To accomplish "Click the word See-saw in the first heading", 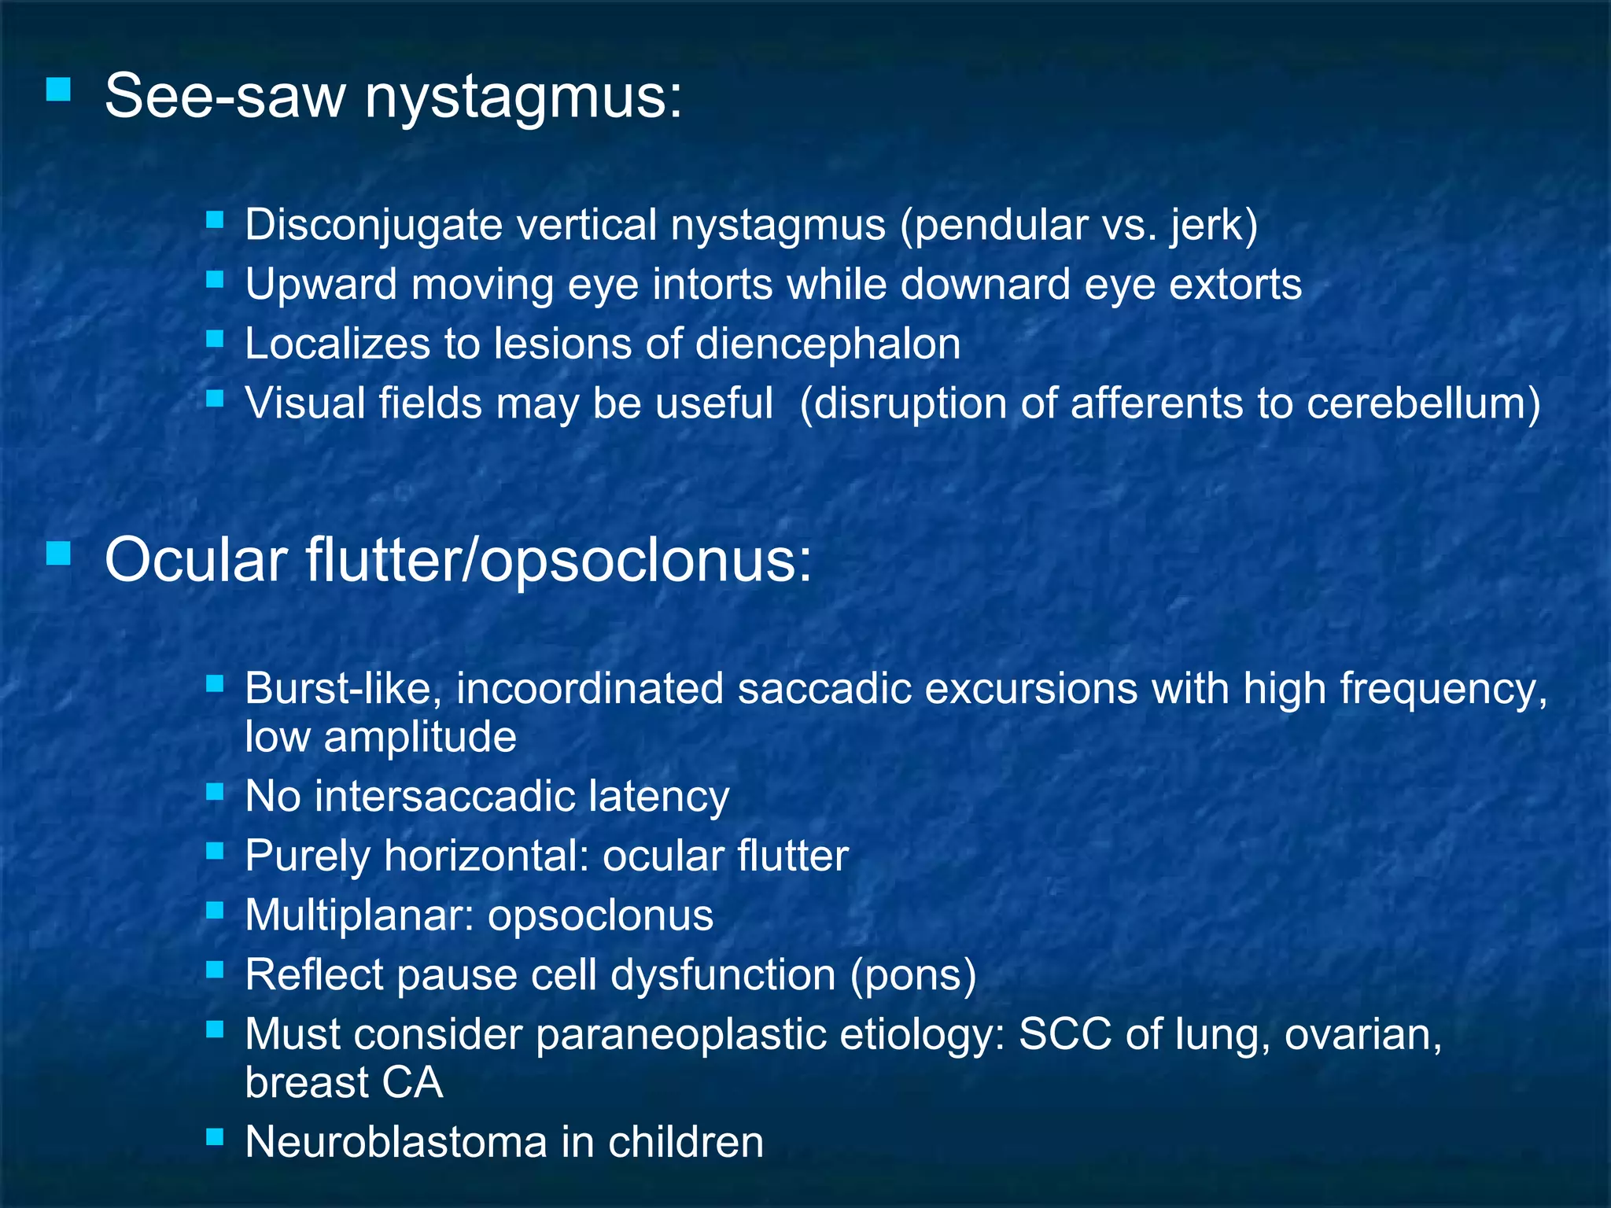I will click(225, 97).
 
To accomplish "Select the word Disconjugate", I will click(374, 225).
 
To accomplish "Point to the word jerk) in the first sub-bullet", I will click(1214, 225).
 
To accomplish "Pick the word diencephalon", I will click(828, 344).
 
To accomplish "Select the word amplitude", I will click(420, 737).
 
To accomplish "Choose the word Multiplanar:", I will click(359, 915).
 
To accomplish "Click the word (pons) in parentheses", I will click(912, 975).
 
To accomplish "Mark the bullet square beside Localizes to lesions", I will click(215, 339).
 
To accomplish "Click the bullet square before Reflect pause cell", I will click(215, 970).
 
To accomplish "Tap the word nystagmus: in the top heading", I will click(524, 97).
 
